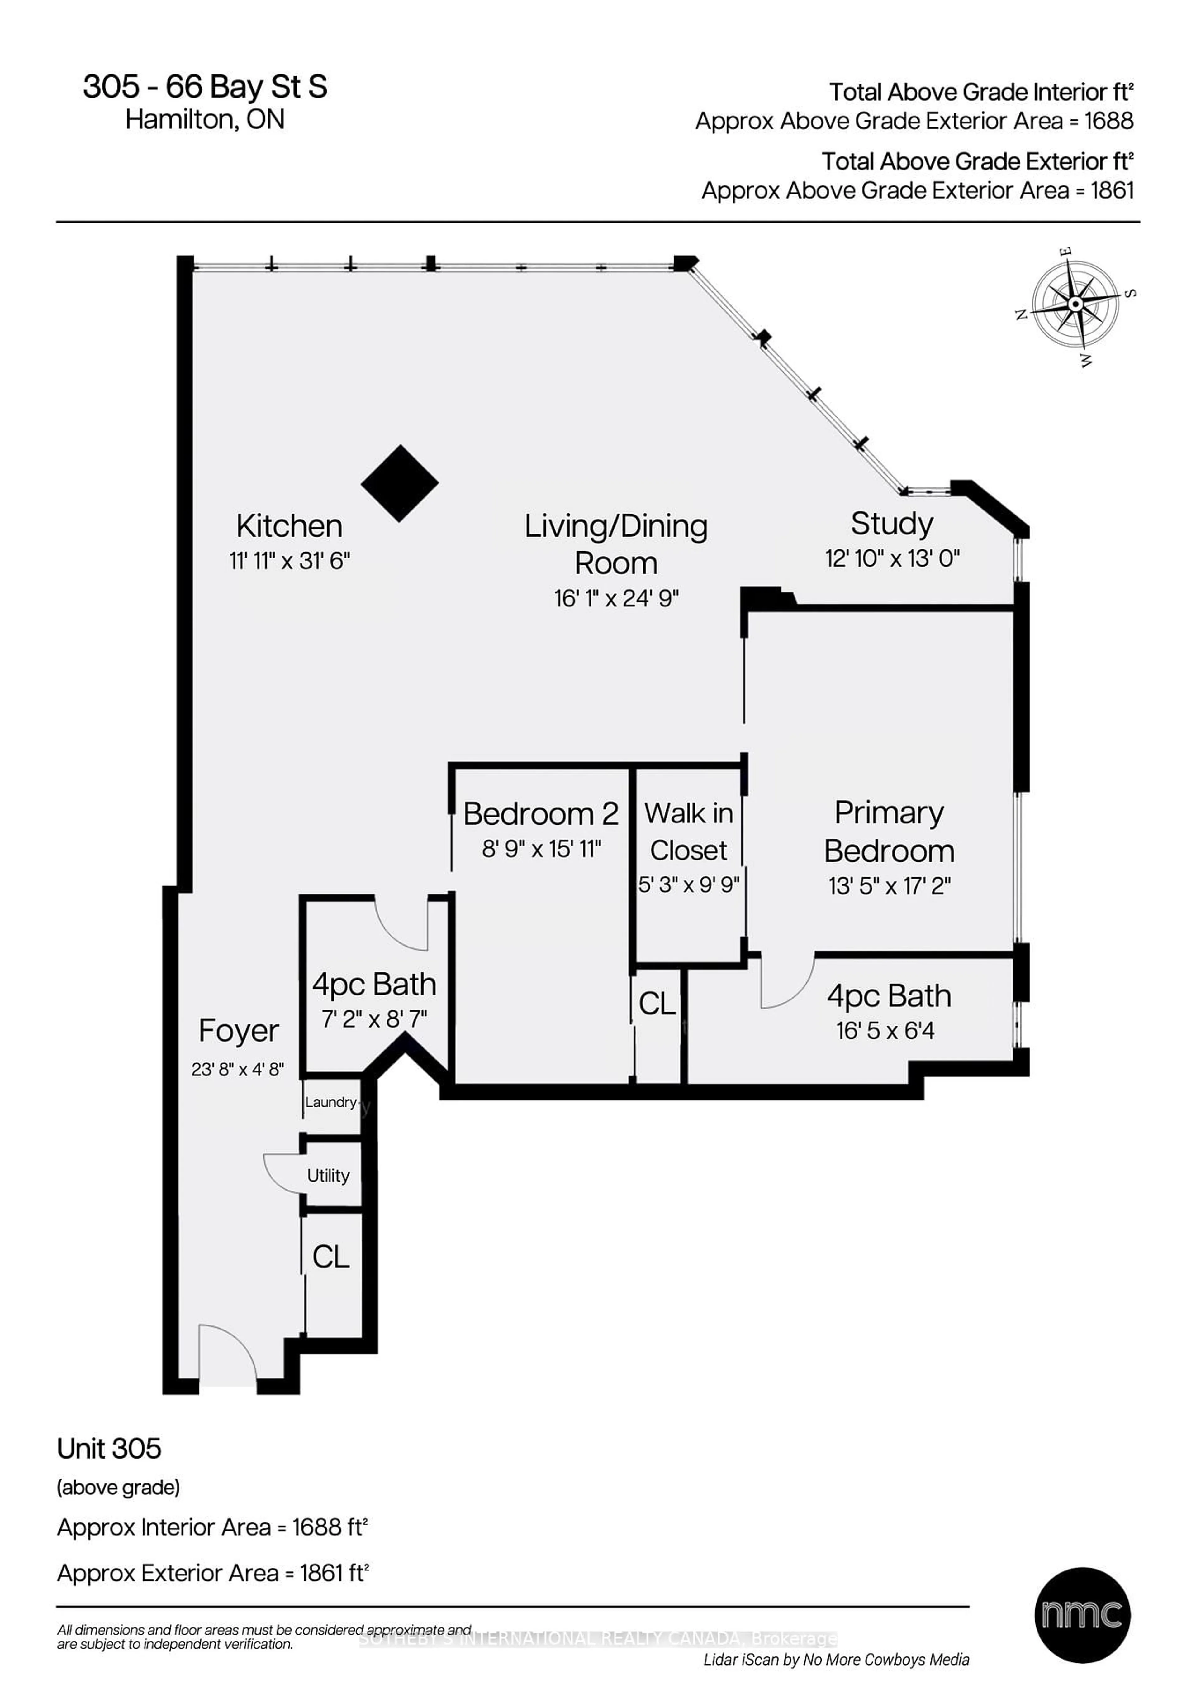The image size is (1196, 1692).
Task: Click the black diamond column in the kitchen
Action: coord(399,483)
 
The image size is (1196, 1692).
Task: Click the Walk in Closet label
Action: coord(689,831)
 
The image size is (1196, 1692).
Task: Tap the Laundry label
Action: coord(331,1102)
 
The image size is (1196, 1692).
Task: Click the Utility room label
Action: coord(329,1175)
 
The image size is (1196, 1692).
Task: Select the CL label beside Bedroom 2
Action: coord(657,1004)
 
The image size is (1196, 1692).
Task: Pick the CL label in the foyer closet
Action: coord(331,1257)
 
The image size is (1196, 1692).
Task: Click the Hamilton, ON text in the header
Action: coord(205,119)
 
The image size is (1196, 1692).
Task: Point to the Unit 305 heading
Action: coord(109,1449)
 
